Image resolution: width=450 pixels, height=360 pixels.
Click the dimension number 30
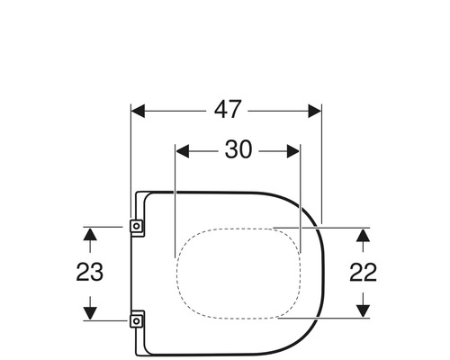tap(238, 149)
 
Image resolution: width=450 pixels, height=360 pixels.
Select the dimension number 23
tap(89, 272)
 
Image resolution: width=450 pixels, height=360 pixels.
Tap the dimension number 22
tap(363, 272)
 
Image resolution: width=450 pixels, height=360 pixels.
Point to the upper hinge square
tap(137, 227)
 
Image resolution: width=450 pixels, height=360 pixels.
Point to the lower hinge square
tap(137, 318)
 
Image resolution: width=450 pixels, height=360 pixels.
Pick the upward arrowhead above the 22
tap(363, 235)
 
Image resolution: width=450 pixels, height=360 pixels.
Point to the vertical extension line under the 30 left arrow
tap(173, 207)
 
